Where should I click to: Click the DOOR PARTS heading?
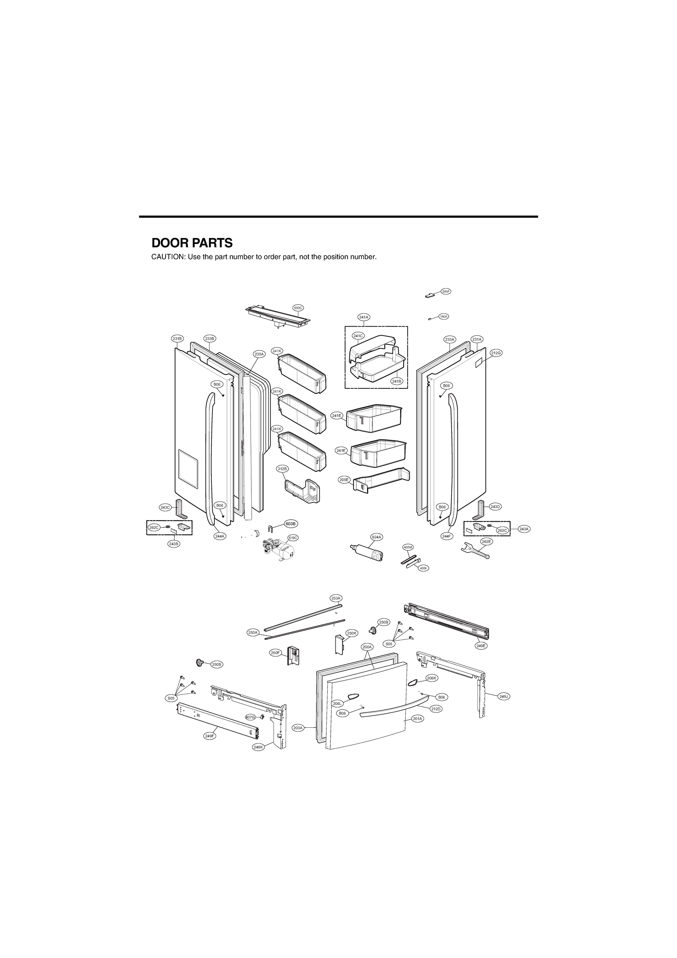click(191, 243)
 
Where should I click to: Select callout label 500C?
click(298, 308)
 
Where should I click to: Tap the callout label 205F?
click(446, 291)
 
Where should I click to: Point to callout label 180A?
click(443, 317)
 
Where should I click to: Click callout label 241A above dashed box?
click(364, 317)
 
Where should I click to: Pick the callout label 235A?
click(259, 354)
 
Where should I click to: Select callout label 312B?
click(282, 469)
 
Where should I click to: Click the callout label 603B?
click(290, 523)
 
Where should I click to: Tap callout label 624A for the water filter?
click(377, 536)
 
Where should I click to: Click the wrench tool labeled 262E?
click(475, 551)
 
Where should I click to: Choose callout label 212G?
click(496, 352)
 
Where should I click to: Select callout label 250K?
click(352, 645)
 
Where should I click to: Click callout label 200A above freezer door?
click(367, 658)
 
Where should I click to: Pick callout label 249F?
click(210, 736)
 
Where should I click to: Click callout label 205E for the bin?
click(344, 480)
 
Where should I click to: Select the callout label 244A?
click(220, 536)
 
